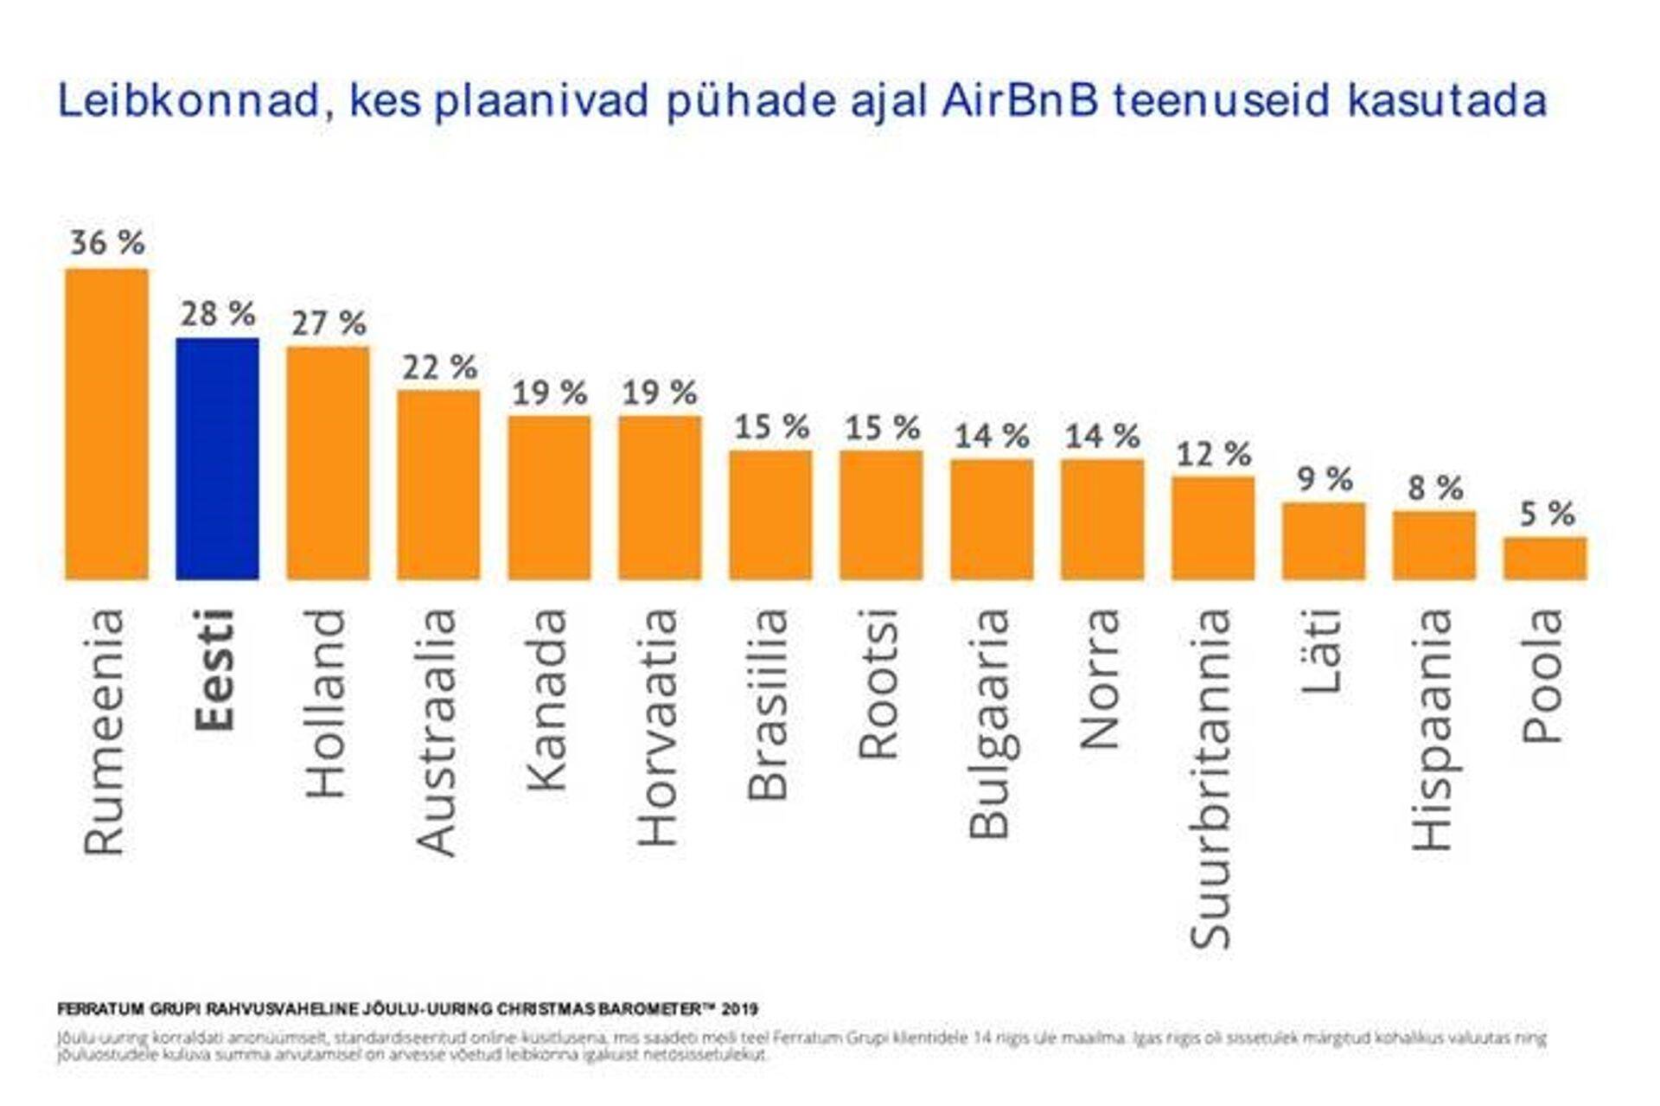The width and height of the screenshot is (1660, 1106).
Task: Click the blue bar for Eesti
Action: point(217,458)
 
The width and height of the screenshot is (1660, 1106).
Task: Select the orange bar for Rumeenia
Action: point(106,424)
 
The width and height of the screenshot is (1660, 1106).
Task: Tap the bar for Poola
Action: point(1544,558)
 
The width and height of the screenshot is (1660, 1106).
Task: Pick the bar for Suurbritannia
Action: point(1213,527)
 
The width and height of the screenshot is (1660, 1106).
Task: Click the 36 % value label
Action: point(107,243)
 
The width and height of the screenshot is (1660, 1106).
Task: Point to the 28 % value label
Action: point(218,314)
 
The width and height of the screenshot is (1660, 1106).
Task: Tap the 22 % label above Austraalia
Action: point(439,368)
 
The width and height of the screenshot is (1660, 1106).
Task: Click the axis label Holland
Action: point(327,703)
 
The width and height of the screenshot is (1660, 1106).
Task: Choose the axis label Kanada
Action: point(548,700)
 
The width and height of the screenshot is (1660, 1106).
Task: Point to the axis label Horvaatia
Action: point(659,727)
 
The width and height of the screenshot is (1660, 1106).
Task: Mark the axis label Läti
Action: point(1323,651)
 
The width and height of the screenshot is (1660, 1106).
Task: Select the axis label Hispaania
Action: point(1433,729)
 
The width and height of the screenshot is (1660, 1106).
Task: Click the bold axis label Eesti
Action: point(215,670)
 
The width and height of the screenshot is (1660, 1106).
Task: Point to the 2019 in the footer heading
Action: point(740,1009)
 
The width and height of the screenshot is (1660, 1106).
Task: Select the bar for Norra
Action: point(1102,519)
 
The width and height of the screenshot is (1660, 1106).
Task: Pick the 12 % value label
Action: point(1214,454)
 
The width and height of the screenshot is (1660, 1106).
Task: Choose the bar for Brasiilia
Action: point(770,515)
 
